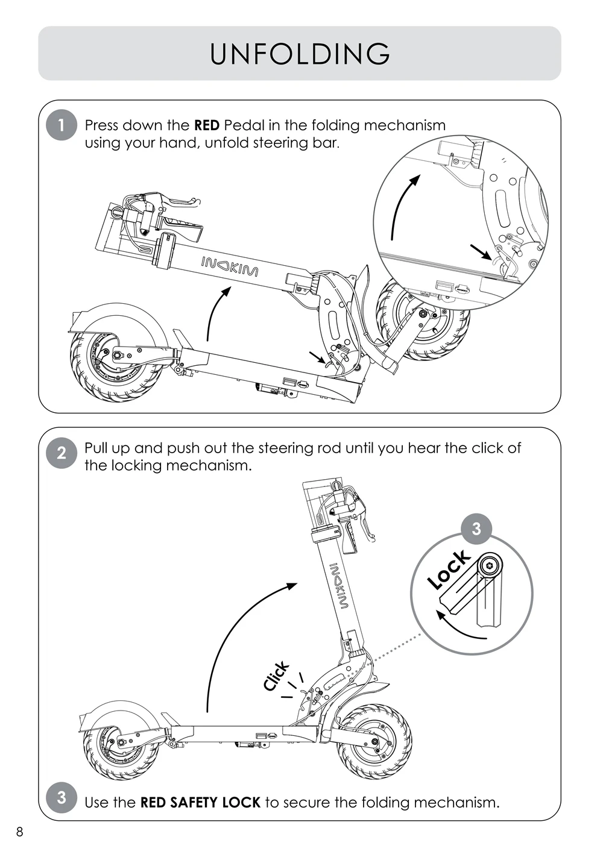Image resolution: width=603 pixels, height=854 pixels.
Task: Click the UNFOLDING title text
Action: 300,54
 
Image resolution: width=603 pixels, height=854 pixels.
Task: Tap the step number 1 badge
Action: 61,125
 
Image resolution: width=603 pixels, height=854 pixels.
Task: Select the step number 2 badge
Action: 61,453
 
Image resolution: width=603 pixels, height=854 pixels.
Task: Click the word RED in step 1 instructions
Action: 206,125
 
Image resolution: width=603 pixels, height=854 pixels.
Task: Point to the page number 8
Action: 20,832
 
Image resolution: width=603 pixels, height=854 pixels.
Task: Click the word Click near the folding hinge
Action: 276,676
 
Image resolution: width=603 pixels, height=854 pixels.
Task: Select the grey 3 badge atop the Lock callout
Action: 476,529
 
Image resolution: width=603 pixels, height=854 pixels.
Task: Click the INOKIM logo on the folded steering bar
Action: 229,266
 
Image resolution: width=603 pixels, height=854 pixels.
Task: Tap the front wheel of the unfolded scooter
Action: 374,740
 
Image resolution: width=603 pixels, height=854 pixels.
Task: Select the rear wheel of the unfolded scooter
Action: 122,743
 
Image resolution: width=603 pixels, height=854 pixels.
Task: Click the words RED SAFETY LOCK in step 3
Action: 200,802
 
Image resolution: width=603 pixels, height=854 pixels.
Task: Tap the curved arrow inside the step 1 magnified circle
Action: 401,205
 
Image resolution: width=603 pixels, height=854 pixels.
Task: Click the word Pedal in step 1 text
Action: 241,125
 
